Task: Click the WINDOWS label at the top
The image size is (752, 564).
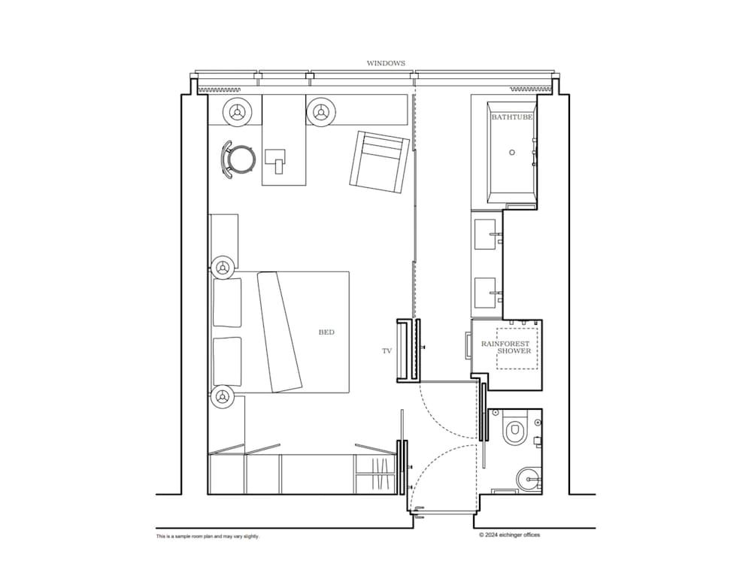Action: (x=386, y=63)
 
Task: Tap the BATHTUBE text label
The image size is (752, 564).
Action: (x=512, y=117)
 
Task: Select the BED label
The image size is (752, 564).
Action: (x=326, y=332)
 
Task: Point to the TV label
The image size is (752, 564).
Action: (x=387, y=351)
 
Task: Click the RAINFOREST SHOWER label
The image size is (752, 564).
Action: (x=511, y=347)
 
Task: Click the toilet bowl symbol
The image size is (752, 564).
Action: (x=515, y=431)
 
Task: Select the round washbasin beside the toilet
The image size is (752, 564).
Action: (x=531, y=478)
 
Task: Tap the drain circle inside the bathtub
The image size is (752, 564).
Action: (x=512, y=152)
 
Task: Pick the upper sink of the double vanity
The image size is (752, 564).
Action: (x=487, y=233)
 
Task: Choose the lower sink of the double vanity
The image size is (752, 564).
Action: (x=487, y=290)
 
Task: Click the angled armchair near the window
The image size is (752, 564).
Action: (x=381, y=161)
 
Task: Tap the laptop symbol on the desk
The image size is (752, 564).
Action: (x=276, y=159)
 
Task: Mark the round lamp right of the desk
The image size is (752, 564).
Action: (x=321, y=112)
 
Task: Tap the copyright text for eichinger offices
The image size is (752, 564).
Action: (x=509, y=535)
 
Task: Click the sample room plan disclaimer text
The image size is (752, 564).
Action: (x=208, y=536)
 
